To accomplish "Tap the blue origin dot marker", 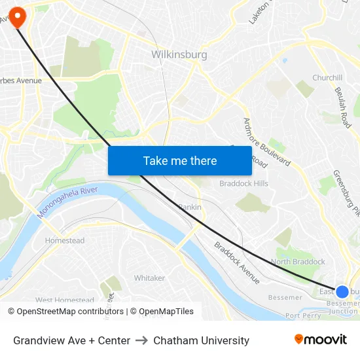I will (x=342, y=291).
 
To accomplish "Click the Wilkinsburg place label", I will (x=179, y=55).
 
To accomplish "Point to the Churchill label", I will (x=327, y=78).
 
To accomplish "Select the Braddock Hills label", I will (x=243, y=184).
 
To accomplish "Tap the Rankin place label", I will (x=190, y=207).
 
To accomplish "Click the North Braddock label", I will (x=298, y=262).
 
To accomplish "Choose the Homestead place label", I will (x=65, y=241).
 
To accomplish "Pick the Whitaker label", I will (x=149, y=278).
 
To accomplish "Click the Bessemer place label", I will (x=285, y=298).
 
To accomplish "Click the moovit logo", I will (x=321, y=340).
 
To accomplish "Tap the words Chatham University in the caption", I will (x=201, y=340).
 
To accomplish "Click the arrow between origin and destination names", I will (x=141, y=340).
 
